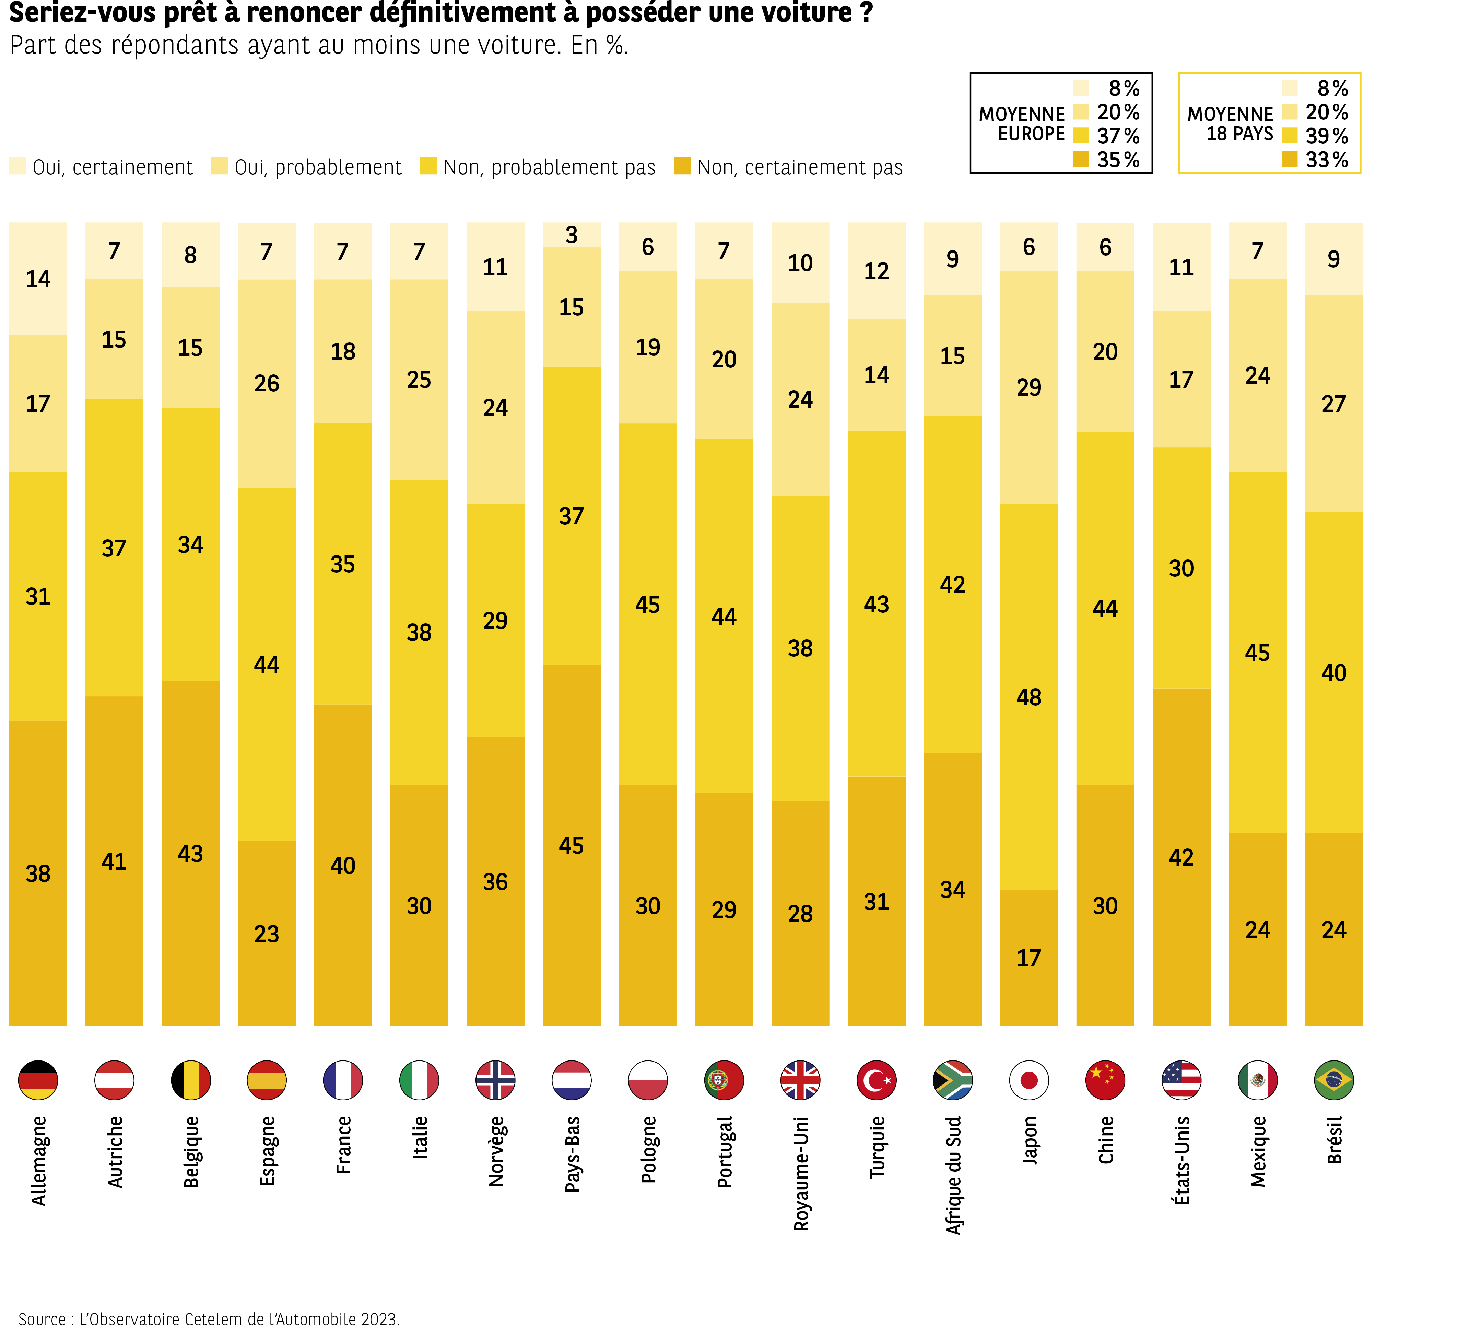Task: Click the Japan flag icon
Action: point(1028,1080)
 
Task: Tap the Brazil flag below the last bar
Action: point(1333,1080)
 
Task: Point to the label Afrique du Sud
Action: point(953,1175)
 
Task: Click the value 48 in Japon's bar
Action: point(1028,697)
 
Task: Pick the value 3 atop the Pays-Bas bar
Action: point(571,235)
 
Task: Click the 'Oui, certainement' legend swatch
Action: point(17,166)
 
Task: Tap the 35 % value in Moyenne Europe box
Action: point(1118,160)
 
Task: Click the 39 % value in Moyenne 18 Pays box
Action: point(1326,136)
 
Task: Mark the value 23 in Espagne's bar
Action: point(266,934)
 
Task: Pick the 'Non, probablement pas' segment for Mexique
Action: point(1258,652)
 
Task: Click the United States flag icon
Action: point(1181,1080)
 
